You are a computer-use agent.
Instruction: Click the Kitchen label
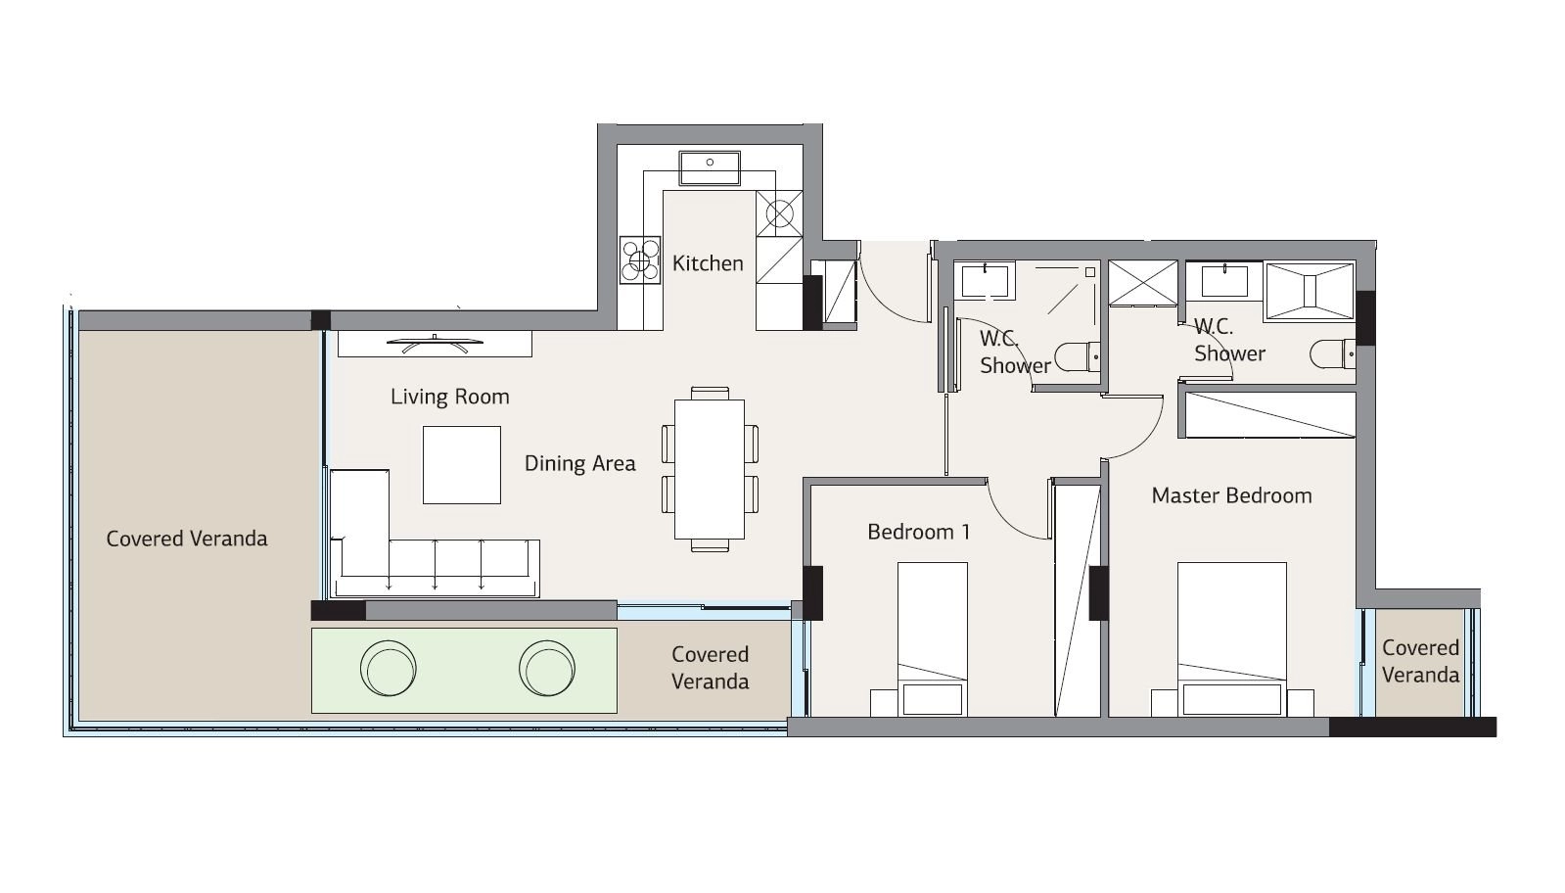(x=707, y=263)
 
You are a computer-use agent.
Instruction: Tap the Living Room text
(x=450, y=397)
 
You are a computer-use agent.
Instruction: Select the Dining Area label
(x=579, y=463)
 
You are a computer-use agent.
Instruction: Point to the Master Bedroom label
(x=1231, y=495)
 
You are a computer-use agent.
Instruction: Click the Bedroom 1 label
(x=919, y=532)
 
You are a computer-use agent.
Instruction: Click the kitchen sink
(x=710, y=168)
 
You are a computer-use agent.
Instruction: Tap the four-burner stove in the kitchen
(x=640, y=259)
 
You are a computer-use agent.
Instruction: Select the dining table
(x=710, y=469)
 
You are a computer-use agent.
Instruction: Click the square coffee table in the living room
(x=462, y=465)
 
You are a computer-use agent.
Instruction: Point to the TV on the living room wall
(x=435, y=343)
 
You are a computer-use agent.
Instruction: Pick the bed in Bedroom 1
(x=933, y=638)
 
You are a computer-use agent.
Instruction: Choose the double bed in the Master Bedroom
(x=1231, y=638)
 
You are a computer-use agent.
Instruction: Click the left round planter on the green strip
(x=389, y=668)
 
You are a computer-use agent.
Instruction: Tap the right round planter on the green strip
(x=547, y=668)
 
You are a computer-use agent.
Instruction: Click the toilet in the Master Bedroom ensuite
(x=1332, y=354)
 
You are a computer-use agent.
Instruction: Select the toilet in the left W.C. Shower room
(x=1077, y=357)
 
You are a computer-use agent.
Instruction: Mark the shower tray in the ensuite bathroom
(x=1310, y=292)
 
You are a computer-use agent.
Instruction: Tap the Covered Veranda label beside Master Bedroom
(x=1420, y=661)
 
